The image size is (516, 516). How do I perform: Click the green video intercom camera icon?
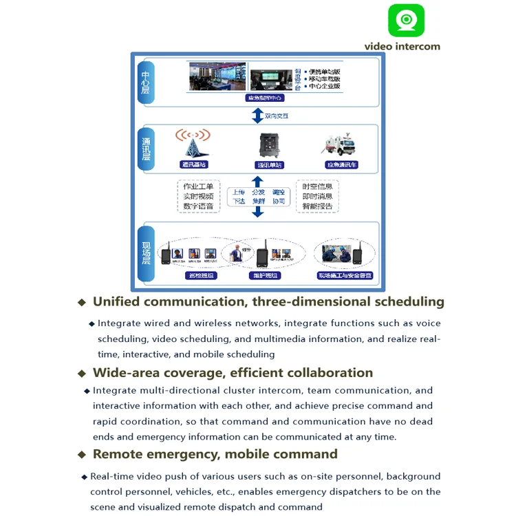coord(406,21)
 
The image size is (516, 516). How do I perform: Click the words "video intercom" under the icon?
coord(402,46)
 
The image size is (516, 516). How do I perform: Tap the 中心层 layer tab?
coord(145,83)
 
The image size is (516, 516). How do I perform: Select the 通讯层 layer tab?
coord(145,148)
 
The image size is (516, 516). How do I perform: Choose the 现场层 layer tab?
coord(145,254)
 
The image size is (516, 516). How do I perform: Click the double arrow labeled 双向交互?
coord(258,116)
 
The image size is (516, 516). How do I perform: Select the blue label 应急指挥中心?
coord(265,98)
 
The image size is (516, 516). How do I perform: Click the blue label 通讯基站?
coord(193,165)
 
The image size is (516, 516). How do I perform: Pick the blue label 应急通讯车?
coord(342,165)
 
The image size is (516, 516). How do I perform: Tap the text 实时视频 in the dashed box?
coord(198,196)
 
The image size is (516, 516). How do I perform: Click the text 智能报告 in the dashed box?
coord(317,206)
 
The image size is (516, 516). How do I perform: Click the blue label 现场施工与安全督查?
coord(344,276)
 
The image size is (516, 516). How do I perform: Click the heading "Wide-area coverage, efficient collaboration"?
coord(233,373)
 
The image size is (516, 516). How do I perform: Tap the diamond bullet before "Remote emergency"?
coord(82,455)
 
